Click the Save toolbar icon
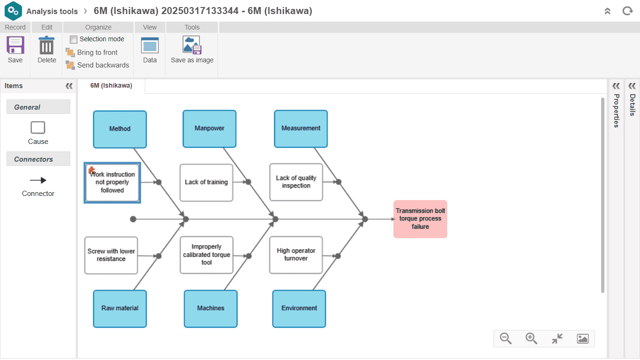(x=15, y=46)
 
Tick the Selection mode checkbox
(x=74, y=39)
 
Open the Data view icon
(x=150, y=46)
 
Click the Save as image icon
(x=192, y=45)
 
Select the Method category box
(x=120, y=129)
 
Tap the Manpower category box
(x=209, y=128)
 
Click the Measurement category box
(x=301, y=128)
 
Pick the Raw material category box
(x=120, y=308)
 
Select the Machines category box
(x=210, y=308)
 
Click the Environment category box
(x=299, y=308)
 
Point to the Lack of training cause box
(x=206, y=182)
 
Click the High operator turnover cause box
(x=296, y=255)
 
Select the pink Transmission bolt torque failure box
(x=420, y=219)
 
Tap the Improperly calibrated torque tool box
(x=207, y=255)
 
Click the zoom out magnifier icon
(x=506, y=338)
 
